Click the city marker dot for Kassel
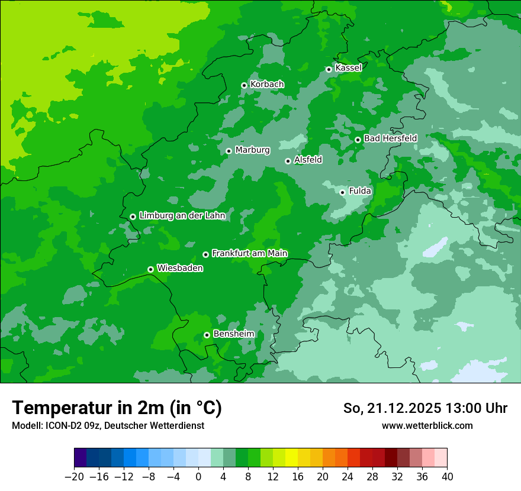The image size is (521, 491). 329,69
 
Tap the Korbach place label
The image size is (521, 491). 267,85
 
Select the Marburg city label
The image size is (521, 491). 252,150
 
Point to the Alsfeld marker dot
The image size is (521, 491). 288,161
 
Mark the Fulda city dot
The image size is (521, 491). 342,192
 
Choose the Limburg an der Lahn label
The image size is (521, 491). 182,216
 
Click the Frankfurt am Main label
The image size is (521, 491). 249,254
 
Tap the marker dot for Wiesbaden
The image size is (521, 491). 150,269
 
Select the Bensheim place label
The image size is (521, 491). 233,334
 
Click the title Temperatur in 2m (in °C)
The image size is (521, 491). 117,408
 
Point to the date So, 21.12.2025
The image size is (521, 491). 392,408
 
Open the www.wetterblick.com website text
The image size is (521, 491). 427,425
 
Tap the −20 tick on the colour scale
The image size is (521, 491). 74,477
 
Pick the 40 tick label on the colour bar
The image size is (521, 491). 447,477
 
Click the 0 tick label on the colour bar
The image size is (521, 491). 198,477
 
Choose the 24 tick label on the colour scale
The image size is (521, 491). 348,477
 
